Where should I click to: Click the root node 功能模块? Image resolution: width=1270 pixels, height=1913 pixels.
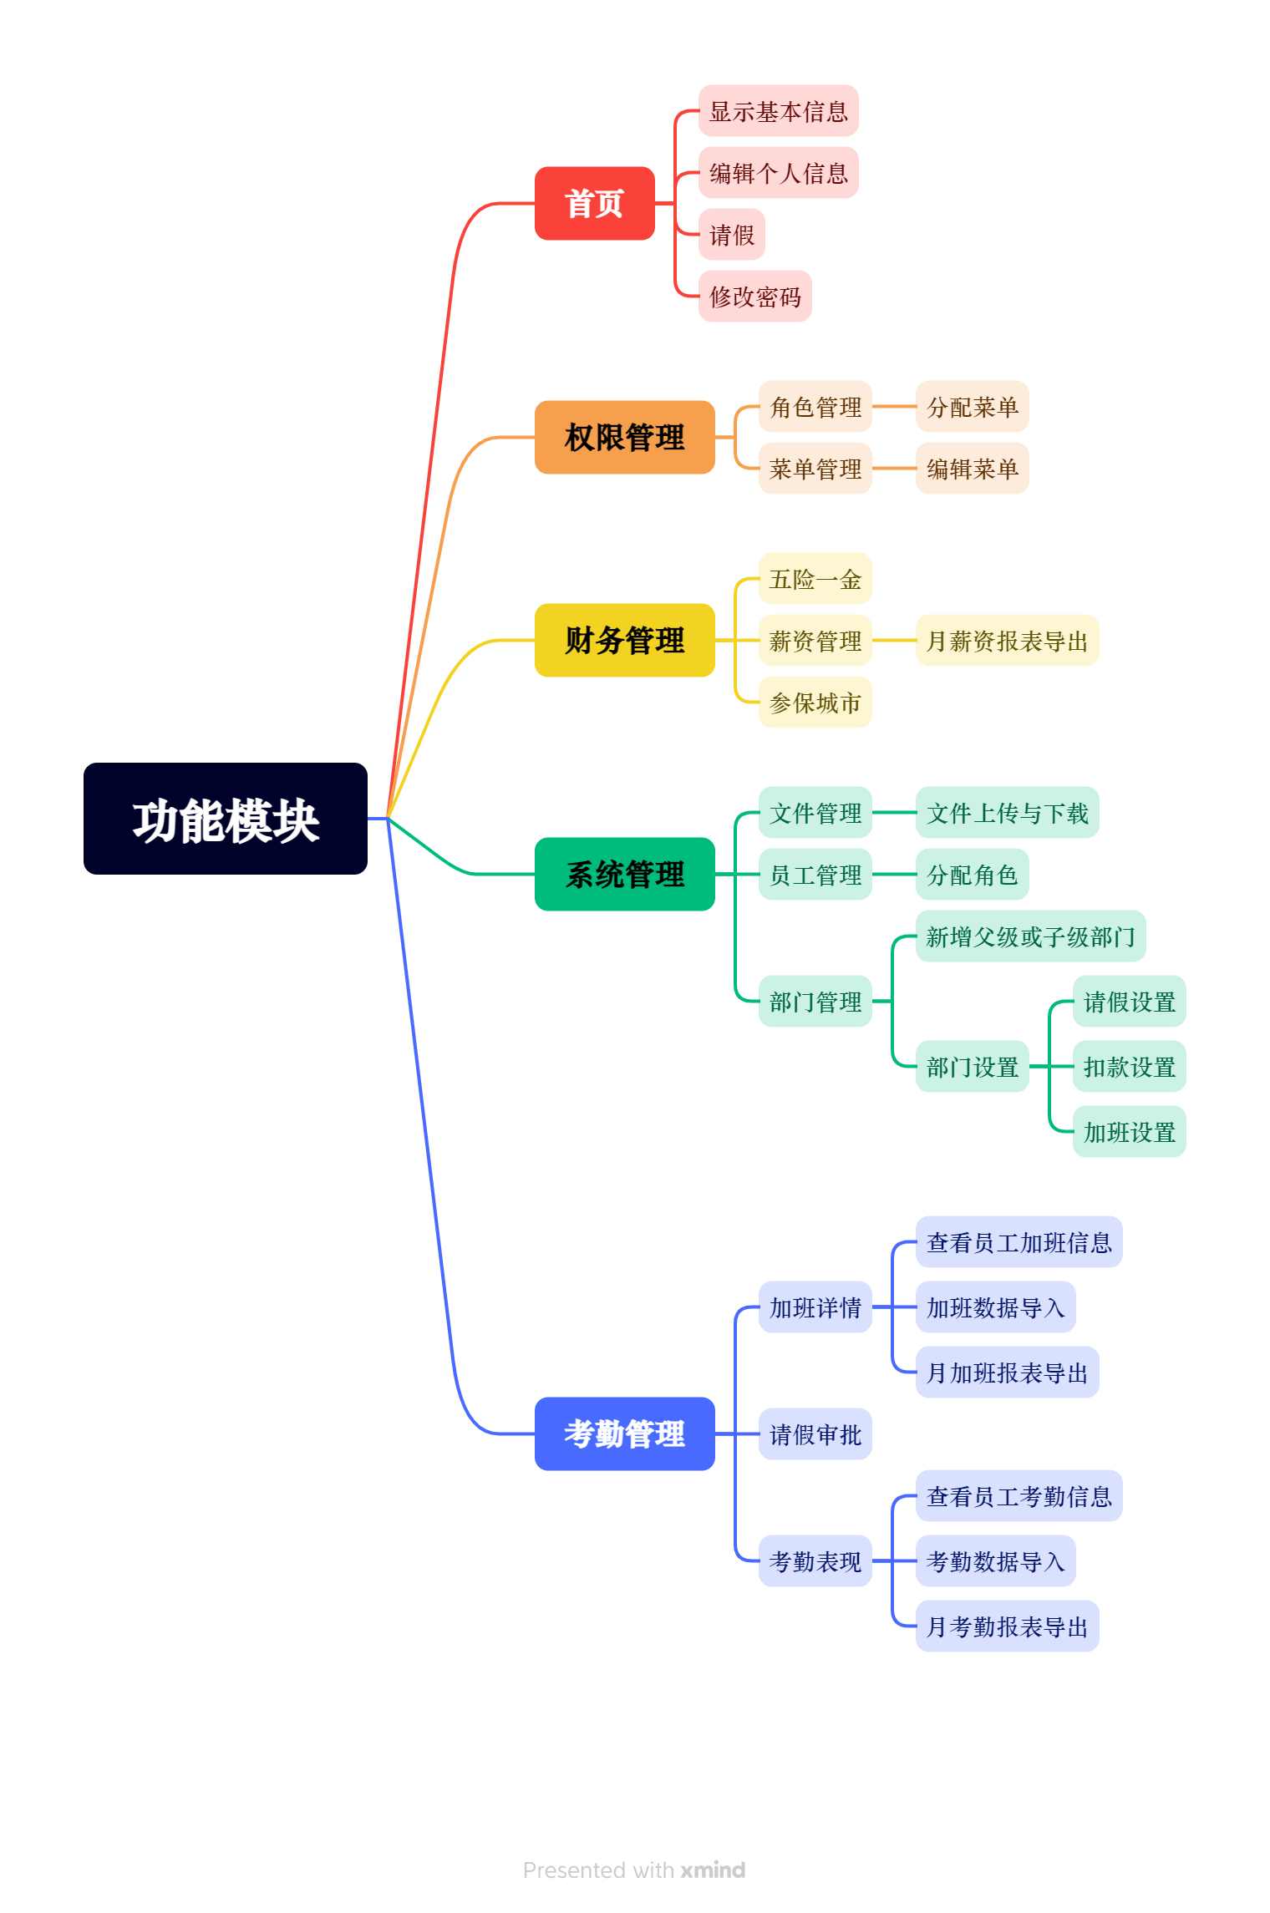pos(226,819)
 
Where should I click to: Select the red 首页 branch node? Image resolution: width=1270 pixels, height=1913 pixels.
pos(594,203)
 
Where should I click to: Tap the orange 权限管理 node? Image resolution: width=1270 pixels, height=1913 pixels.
pos(624,437)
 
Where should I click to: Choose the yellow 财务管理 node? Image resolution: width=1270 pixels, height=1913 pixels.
pos(624,640)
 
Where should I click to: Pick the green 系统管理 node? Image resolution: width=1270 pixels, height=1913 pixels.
pos(624,874)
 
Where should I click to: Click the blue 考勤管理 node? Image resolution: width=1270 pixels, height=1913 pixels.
pos(624,1433)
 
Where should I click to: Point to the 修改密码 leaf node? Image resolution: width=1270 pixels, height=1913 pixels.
pos(755,296)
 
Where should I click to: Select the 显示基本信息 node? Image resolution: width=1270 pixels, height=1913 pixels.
pos(779,110)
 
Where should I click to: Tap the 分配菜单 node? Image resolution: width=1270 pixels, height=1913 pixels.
pos(973,407)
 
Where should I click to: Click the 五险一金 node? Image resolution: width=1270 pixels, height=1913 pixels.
pos(815,578)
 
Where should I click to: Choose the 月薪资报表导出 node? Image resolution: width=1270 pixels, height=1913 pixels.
pos(1008,640)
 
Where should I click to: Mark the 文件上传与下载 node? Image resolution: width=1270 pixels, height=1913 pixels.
pos(1008,812)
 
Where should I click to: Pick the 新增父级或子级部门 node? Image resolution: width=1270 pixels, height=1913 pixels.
pos(1031,936)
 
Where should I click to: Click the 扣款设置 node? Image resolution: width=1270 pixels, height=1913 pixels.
pos(1130,1066)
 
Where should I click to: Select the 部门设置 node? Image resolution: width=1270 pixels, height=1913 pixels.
pos(973,1066)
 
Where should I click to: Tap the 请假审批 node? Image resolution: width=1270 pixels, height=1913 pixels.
pos(815,1433)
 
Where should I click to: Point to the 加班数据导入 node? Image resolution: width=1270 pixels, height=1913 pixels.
pos(996,1307)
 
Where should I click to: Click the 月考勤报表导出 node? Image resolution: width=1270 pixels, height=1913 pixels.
pos(1008,1626)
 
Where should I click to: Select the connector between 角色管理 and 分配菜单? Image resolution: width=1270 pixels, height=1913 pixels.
pos(894,407)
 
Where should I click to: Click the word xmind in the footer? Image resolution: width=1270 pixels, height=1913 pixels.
pos(713,1870)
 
